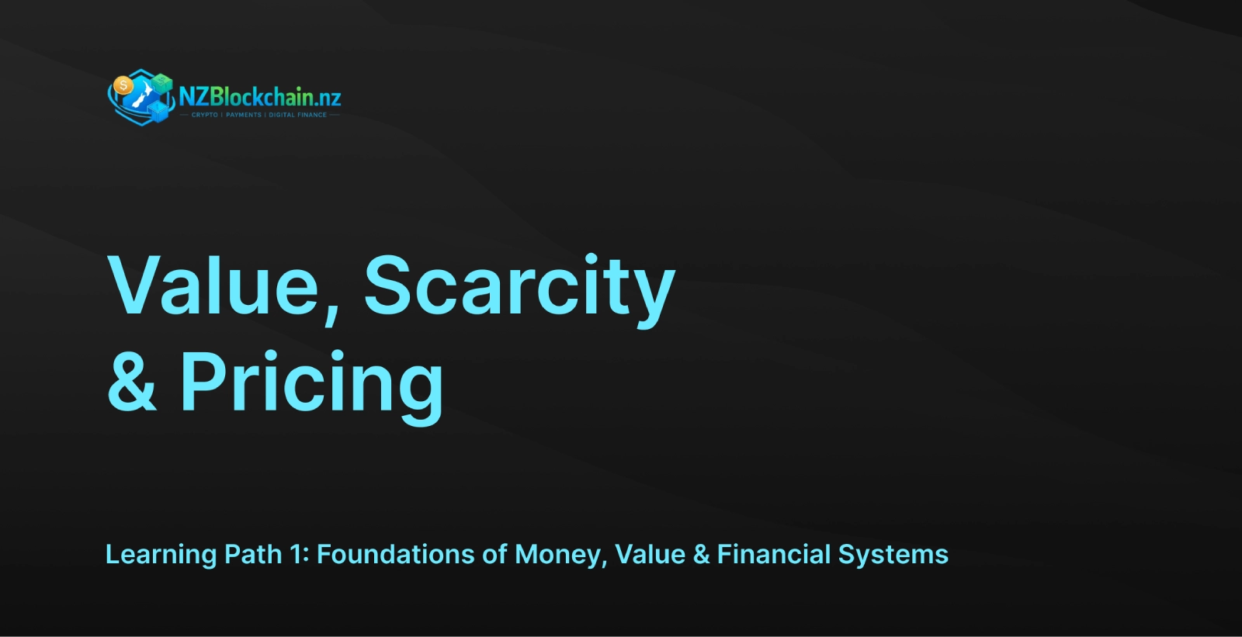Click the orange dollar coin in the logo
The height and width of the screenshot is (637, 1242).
click(123, 85)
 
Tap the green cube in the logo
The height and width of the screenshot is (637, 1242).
click(162, 83)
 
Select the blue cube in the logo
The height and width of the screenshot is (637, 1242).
click(158, 112)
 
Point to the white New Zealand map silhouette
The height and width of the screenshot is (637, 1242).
click(143, 95)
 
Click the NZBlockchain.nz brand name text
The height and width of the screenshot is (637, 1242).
click(260, 97)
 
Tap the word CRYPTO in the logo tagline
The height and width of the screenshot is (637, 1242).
click(205, 115)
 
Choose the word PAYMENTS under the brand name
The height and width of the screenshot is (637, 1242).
click(244, 115)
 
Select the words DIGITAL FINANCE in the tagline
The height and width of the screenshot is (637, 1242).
click(298, 115)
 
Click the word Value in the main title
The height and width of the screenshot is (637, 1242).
click(213, 286)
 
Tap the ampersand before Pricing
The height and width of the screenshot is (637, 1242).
click(131, 381)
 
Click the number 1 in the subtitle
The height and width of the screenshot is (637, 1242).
click(294, 554)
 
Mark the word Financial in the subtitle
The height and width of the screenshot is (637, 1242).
click(773, 554)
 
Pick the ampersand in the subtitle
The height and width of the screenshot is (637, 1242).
click(702, 555)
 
